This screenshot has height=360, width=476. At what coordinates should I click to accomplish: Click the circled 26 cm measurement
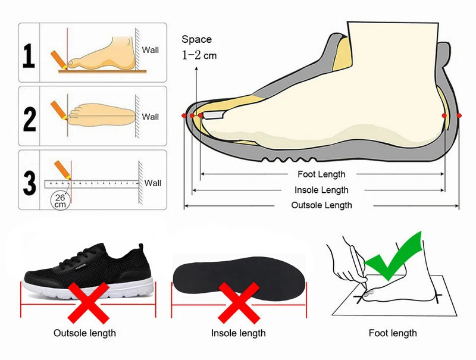click(x=59, y=201)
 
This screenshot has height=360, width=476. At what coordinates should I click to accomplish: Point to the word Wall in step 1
click(x=151, y=50)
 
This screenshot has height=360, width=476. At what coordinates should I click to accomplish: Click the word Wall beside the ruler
click(x=153, y=183)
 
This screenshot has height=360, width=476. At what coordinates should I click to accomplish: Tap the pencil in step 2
click(x=59, y=109)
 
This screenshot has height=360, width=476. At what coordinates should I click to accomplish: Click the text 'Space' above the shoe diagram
click(x=196, y=39)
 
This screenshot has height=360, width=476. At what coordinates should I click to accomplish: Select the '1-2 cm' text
click(x=200, y=55)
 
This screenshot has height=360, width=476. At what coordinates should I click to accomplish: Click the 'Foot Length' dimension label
click(x=321, y=174)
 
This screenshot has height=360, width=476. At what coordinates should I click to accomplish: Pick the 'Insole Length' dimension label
click(x=321, y=190)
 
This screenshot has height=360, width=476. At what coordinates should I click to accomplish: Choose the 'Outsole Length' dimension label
click(x=321, y=205)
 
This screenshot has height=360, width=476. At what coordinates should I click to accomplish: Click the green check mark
click(x=394, y=256)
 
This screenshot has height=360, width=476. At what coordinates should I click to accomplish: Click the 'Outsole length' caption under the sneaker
click(x=84, y=333)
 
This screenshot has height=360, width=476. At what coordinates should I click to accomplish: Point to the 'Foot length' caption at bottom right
click(x=393, y=333)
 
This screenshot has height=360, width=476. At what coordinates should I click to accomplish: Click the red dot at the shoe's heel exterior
click(x=459, y=115)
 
